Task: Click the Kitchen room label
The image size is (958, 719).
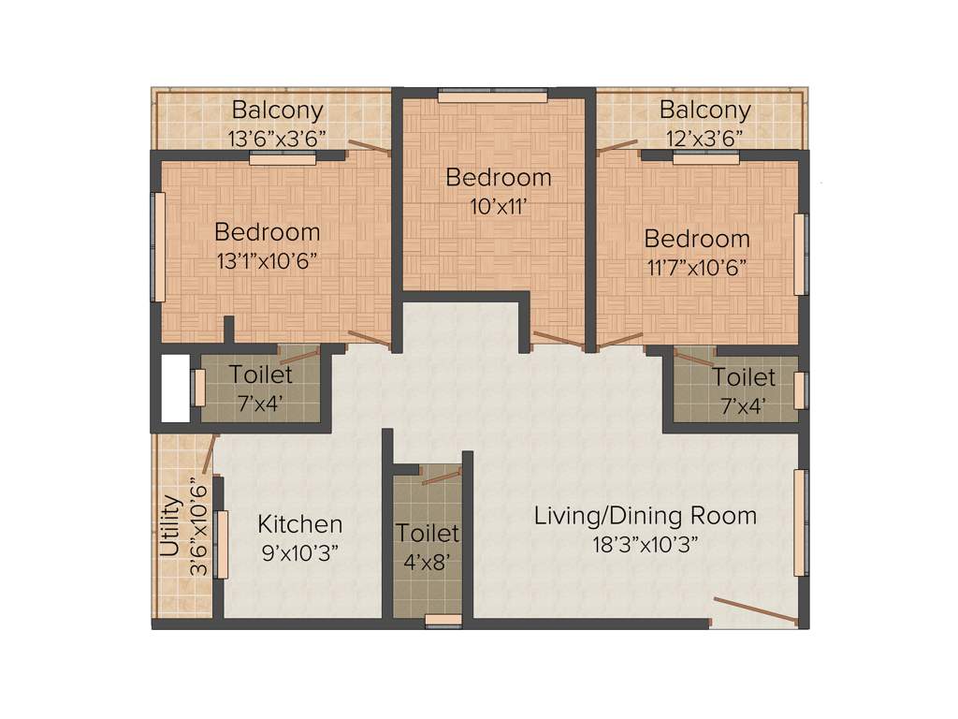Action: [x=300, y=524]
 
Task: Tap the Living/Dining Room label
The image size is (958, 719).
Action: [x=645, y=515]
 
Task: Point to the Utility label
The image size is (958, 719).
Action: [x=170, y=526]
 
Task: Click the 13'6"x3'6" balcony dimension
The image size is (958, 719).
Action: [x=277, y=138]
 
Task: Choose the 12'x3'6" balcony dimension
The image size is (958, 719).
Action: [x=704, y=138]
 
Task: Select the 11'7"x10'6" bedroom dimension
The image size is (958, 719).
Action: [x=696, y=267]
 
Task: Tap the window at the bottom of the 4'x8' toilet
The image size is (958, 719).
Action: [x=442, y=620]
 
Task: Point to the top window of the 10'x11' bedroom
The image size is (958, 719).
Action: [x=492, y=95]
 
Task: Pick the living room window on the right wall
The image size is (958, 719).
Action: [x=800, y=522]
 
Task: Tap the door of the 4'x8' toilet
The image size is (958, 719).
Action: [x=441, y=478]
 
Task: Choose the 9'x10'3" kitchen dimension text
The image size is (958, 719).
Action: [x=300, y=552]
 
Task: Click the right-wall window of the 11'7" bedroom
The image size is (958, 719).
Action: [x=800, y=254]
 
